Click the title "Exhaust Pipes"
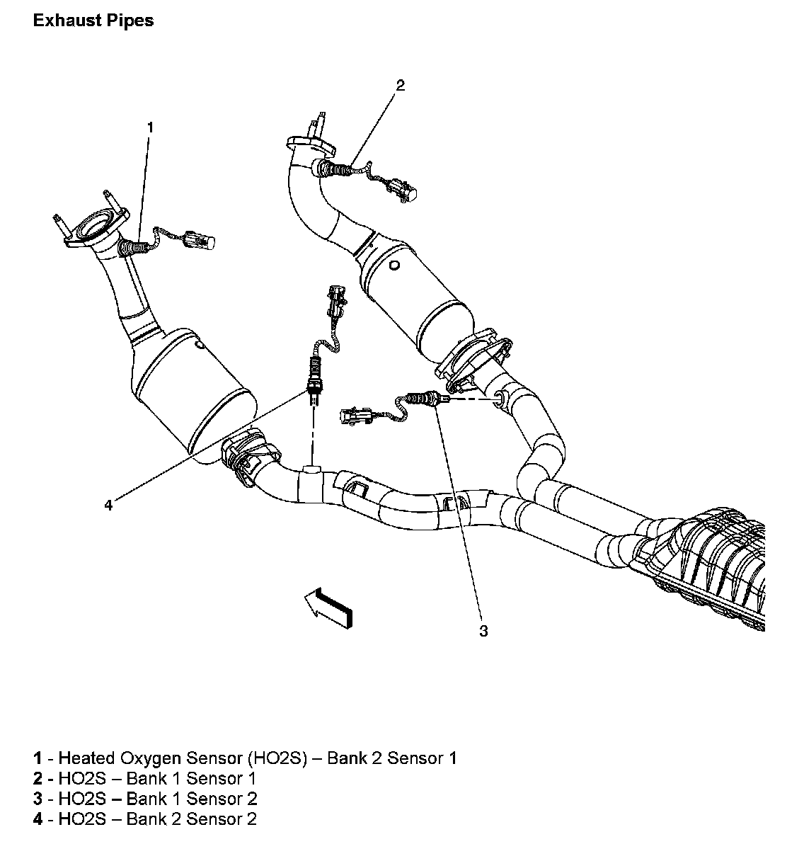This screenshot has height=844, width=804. (x=93, y=21)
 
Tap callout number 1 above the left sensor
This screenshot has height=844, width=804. (x=149, y=127)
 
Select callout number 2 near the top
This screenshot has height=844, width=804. (x=401, y=86)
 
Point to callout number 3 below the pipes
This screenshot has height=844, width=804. (x=483, y=631)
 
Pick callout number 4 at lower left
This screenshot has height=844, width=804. (x=108, y=505)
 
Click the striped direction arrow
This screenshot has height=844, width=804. (x=328, y=606)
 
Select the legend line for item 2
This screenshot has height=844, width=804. (x=144, y=779)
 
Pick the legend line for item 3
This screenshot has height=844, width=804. (x=144, y=799)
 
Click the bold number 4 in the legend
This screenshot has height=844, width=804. (x=37, y=820)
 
